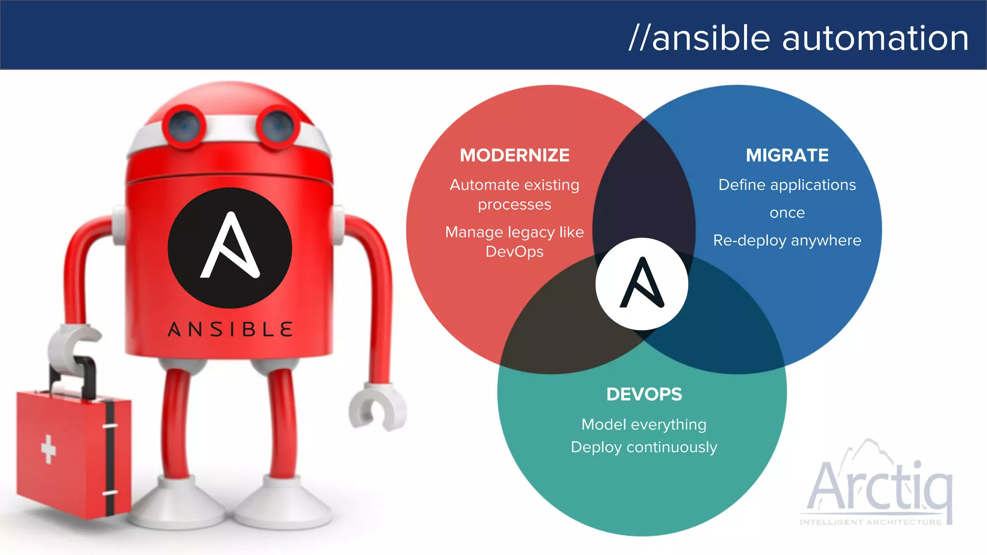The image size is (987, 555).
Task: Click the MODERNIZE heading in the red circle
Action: (514, 155)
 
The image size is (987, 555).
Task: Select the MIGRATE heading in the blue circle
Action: (787, 155)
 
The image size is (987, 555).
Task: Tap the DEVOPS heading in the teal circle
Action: (644, 394)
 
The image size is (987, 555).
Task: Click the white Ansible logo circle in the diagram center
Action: (641, 284)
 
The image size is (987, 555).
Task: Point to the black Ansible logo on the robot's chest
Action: (230, 248)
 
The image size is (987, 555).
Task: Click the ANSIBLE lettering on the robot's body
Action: (230, 330)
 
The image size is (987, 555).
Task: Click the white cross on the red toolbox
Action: (48, 449)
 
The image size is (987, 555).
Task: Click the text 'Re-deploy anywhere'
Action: (787, 240)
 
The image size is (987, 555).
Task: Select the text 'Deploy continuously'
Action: (644, 447)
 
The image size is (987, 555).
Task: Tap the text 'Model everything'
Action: (644, 424)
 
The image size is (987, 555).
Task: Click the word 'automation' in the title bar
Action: (875, 38)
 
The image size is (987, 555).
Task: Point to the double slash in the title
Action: (640, 38)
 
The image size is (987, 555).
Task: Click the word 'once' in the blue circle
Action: (787, 212)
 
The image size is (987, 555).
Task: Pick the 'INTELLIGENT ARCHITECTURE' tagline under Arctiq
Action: (870, 522)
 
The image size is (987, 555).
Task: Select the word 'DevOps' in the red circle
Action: (514, 252)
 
